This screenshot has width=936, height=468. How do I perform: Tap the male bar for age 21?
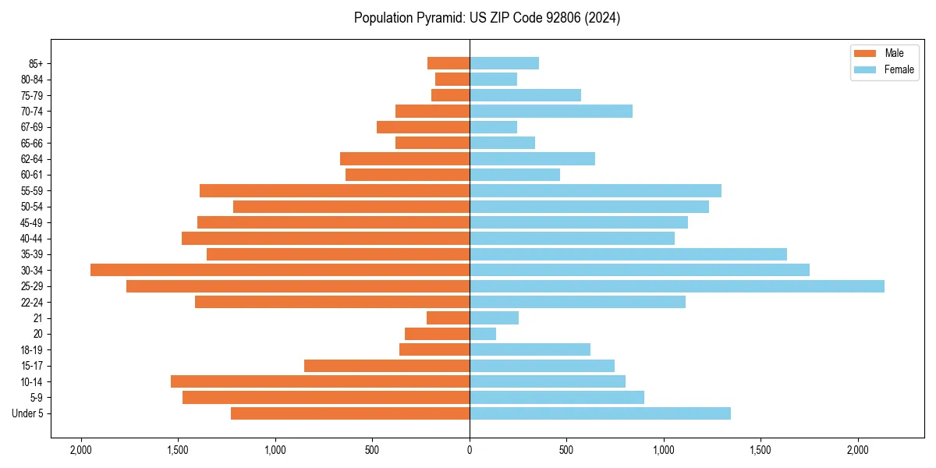pyautogui.click(x=448, y=318)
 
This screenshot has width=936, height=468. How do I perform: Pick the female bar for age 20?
pyautogui.click(x=483, y=334)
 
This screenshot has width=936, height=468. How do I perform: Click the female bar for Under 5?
pyautogui.click(x=600, y=413)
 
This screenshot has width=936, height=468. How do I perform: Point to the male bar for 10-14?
pyautogui.click(x=320, y=381)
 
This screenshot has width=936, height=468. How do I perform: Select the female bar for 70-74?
pyautogui.click(x=551, y=112)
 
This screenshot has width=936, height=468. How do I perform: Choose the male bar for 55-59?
pyautogui.click(x=335, y=191)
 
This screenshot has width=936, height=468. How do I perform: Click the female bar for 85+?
pyautogui.click(x=504, y=63)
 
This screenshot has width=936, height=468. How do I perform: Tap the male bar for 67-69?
pyautogui.click(x=423, y=127)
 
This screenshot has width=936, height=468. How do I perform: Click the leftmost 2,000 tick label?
pyautogui.click(x=81, y=450)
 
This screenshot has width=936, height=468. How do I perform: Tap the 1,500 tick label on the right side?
pyautogui.click(x=760, y=450)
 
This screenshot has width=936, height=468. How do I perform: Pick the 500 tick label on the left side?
pyautogui.click(x=372, y=450)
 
